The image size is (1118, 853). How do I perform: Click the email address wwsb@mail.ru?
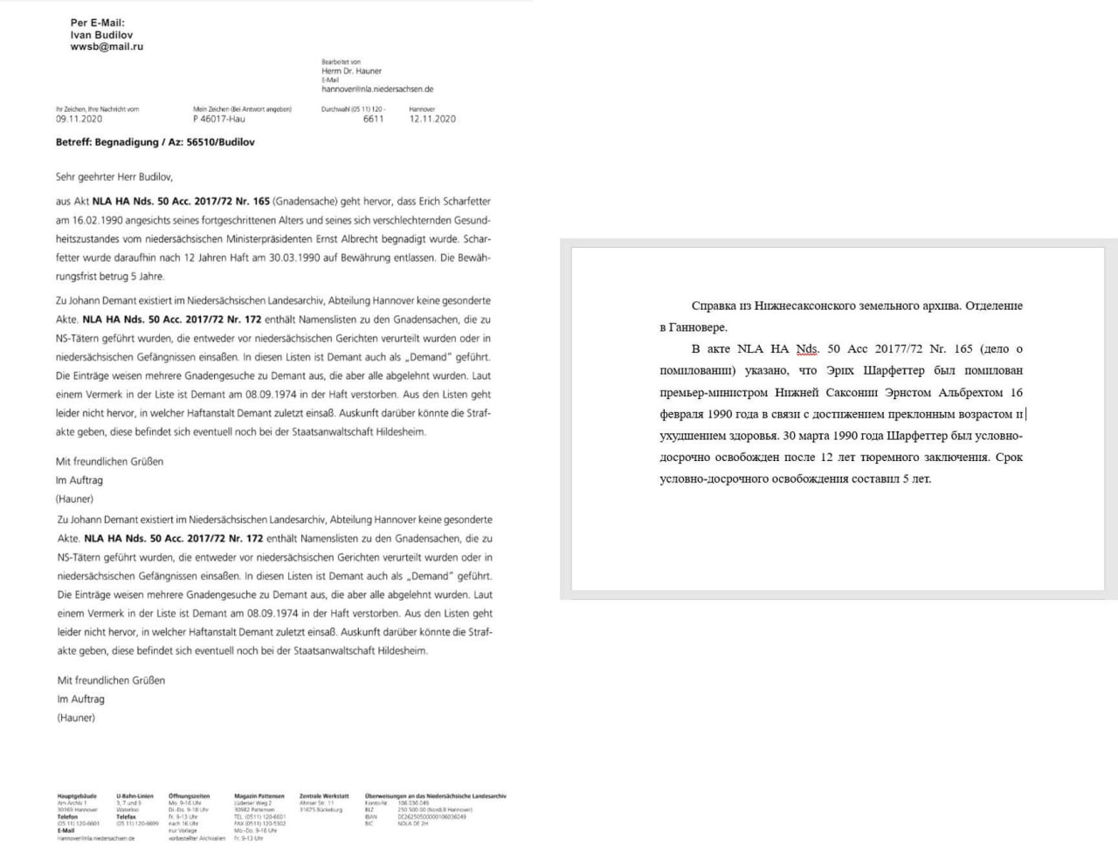point(107,47)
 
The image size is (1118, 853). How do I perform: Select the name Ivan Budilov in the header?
point(101,35)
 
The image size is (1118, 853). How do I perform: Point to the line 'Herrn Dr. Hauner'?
point(351,72)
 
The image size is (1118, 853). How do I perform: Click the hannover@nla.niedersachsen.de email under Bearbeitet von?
point(377,89)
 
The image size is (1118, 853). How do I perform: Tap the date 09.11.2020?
point(79,120)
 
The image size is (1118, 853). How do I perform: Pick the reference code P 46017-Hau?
point(219,120)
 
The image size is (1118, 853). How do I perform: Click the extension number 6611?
point(373,120)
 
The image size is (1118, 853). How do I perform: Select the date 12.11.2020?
point(432,120)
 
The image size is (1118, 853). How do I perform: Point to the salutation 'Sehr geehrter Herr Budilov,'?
point(114,177)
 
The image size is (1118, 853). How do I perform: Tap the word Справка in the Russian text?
point(713,306)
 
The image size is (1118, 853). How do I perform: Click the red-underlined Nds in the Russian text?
point(806,349)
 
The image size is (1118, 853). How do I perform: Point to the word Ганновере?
point(699,327)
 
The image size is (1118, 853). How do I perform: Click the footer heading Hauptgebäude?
point(77,796)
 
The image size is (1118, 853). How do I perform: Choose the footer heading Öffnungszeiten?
point(189,796)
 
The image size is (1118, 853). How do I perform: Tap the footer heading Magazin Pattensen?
point(259,796)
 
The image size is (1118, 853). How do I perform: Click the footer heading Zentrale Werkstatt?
point(324,796)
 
